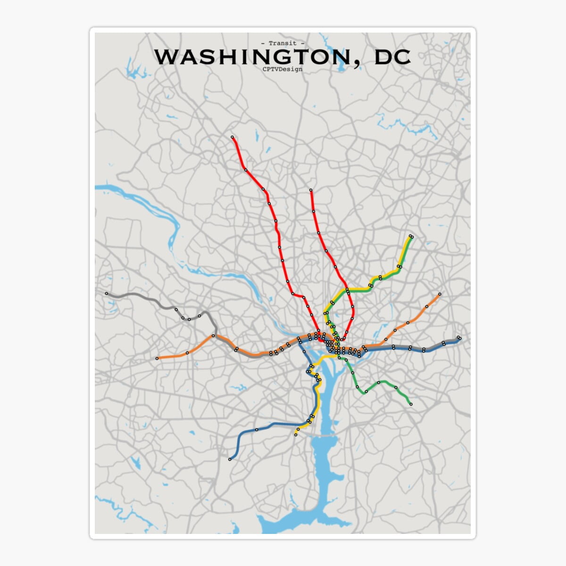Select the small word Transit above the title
[x=283, y=43]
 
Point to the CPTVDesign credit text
[x=283, y=69]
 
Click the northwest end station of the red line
[x=233, y=137]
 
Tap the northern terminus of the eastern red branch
[x=311, y=191]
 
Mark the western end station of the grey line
[x=107, y=293]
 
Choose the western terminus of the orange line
[x=157, y=358]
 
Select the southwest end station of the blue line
[x=230, y=459]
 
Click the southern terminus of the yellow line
[x=296, y=435]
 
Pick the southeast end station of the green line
[x=411, y=404]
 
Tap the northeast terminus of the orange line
[x=440, y=294]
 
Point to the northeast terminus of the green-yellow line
[x=411, y=236]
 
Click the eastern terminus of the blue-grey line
[x=459, y=338]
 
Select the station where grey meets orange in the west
[x=213, y=336]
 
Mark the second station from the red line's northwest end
[x=245, y=169]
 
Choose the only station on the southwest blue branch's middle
[x=257, y=430]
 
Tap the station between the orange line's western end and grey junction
[x=187, y=353]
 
